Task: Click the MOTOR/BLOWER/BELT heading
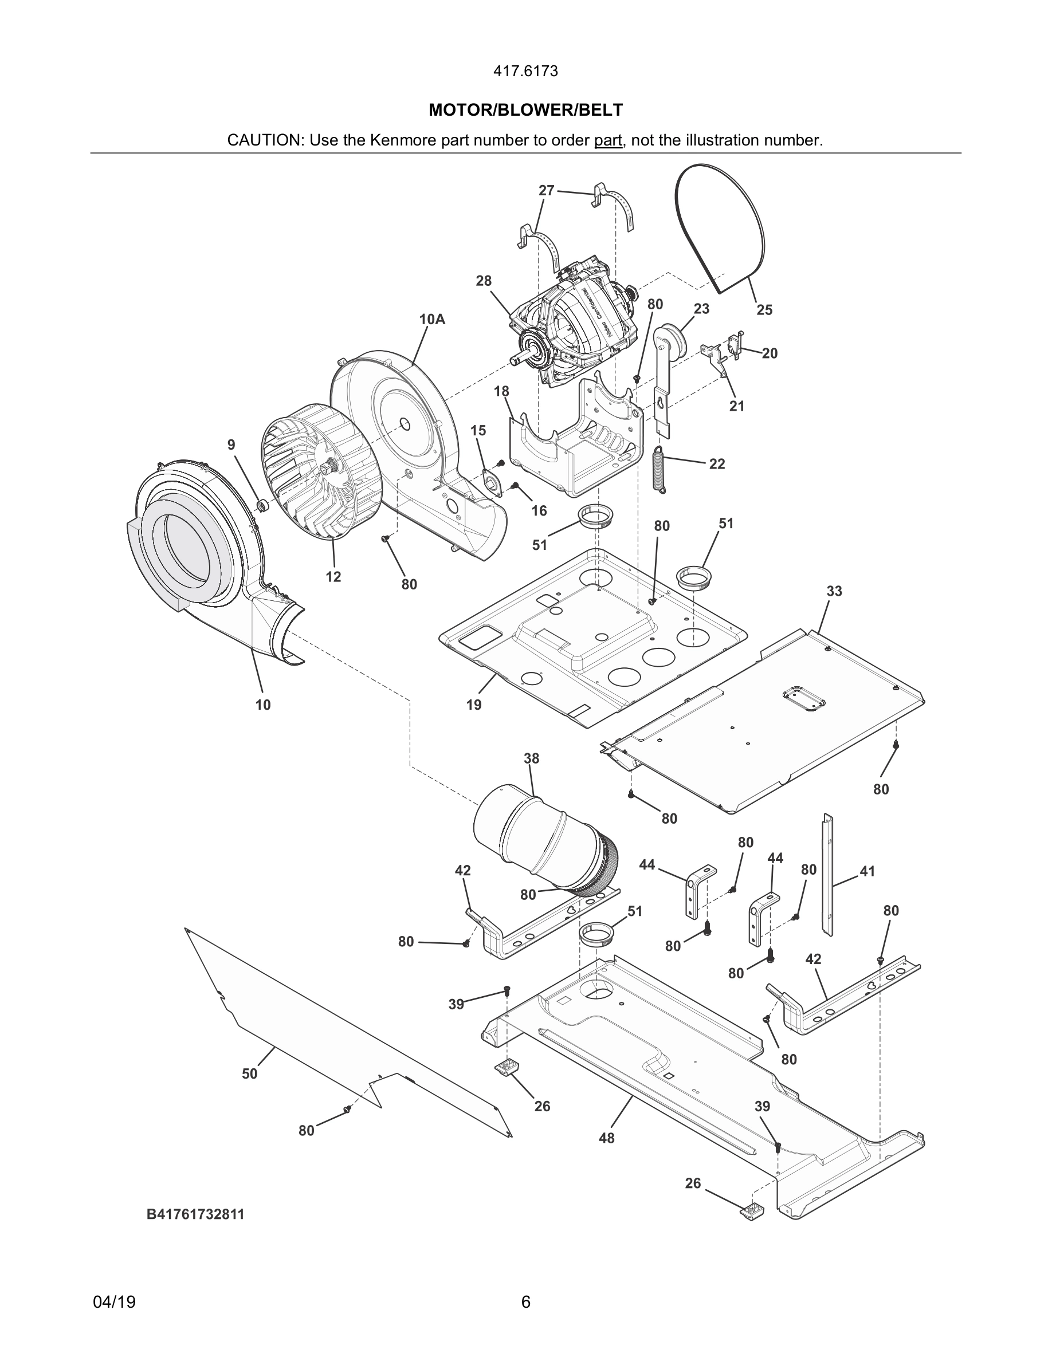[x=525, y=111]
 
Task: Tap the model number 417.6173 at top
[x=525, y=72]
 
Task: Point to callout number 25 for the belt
[x=764, y=310]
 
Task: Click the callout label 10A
[x=432, y=320]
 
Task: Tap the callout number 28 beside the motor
[x=484, y=281]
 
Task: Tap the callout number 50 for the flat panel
[x=249, y=1073]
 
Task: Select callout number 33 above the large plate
[x=834, y=591]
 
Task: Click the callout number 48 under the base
[x=606, y=1138]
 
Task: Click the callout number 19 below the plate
[x=474, y=705]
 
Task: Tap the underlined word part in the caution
[x=607, y=141]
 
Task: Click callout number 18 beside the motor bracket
[x=501, y=391]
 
